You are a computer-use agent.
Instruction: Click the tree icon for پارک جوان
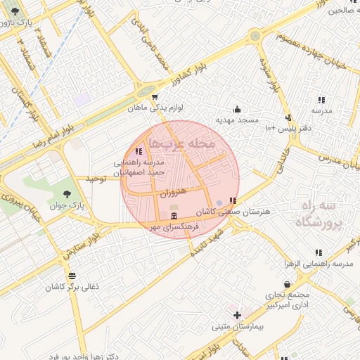[x=67, y=194]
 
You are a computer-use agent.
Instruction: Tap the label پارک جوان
[x=67, y=206]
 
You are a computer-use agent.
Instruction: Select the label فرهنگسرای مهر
[x=173, y=228]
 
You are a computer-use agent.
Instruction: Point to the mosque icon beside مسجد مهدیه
[x=237, y=109]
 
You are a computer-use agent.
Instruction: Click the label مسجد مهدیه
[x=237, y=120]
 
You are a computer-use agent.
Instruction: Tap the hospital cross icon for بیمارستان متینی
[x=238, y=315]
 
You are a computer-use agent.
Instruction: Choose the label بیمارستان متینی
[x=238, y=327]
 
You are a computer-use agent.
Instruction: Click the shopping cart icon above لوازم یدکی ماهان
[x=155, y=96]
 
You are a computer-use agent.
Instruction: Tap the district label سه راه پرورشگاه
[x=316, y=215]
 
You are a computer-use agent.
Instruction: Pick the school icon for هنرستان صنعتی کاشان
[x=233, y=200]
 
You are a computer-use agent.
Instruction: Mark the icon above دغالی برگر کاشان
[x=72, y=275]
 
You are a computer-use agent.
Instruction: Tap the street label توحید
[x=95, y=180]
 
